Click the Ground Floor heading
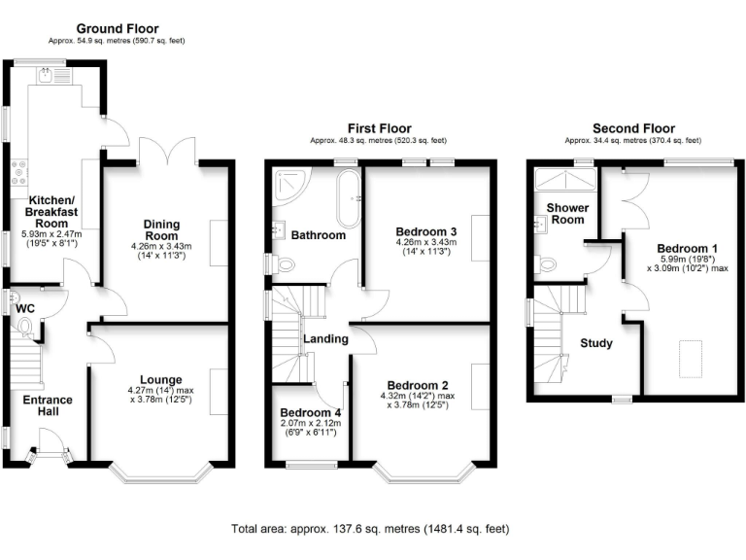coord(118,28)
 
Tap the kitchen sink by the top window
coord(54,75)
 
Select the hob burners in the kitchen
coord(19,173)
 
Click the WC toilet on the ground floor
coord(24,328)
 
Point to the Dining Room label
coord(162,230)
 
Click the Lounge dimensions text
coord(161,395)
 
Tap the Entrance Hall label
coord(48,405)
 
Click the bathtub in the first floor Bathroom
coord(349,199)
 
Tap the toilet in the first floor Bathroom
coord(282,264)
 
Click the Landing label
coord(326,338)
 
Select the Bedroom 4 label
coord(310,412)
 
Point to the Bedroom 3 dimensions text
coord(426,247)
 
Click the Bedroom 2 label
coord(418,385)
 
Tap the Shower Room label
coord(567,214)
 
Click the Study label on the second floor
coord(596,343)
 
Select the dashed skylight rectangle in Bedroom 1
coord(691,359)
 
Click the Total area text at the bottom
coord(370,529)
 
